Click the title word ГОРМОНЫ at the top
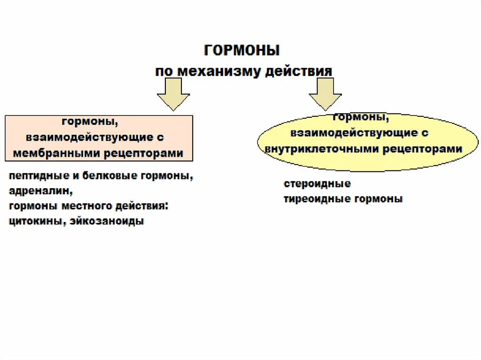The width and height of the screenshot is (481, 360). point(242,50)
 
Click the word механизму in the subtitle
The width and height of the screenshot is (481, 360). point(216,71)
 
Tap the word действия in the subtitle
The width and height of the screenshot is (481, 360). point(299,71)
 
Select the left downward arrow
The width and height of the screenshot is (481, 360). point(173,93)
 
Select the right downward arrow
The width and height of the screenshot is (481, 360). point(325,93)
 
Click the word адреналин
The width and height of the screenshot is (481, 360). point(40,191)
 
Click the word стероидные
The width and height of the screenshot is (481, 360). point(317,184)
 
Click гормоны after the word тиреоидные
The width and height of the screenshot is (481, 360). point(379,199)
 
